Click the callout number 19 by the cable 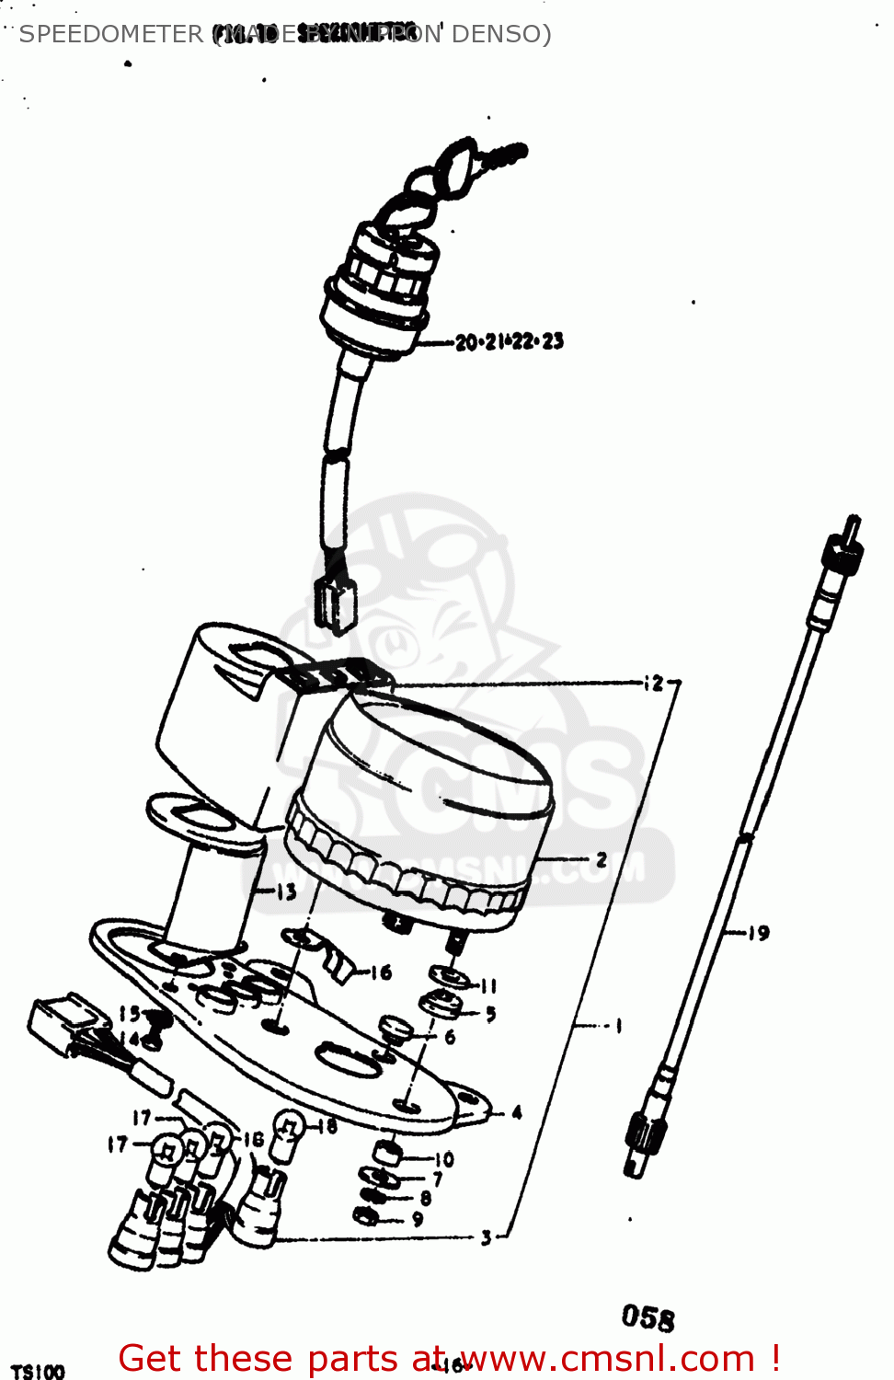(758, 933)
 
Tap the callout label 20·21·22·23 (510, 341)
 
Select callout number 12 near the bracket (654, 683)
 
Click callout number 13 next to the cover (286, 891)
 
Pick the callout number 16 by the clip (381, 972)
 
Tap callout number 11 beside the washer (488, 985)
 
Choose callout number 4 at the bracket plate (517, 1112)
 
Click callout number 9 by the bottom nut (418, 1219)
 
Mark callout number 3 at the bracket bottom (487, 1237)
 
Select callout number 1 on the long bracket (618, 1025)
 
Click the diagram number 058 (648, 1317)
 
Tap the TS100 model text (38, 1371)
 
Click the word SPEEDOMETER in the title (110, 34)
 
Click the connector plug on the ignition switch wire (335, 604)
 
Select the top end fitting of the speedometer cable (843, 550)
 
